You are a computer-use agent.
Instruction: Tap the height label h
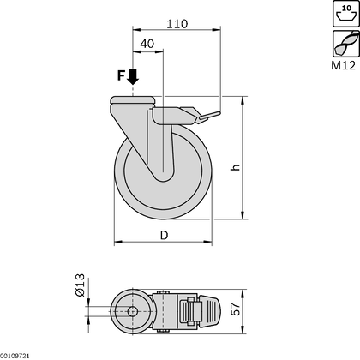coord(260,169)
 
